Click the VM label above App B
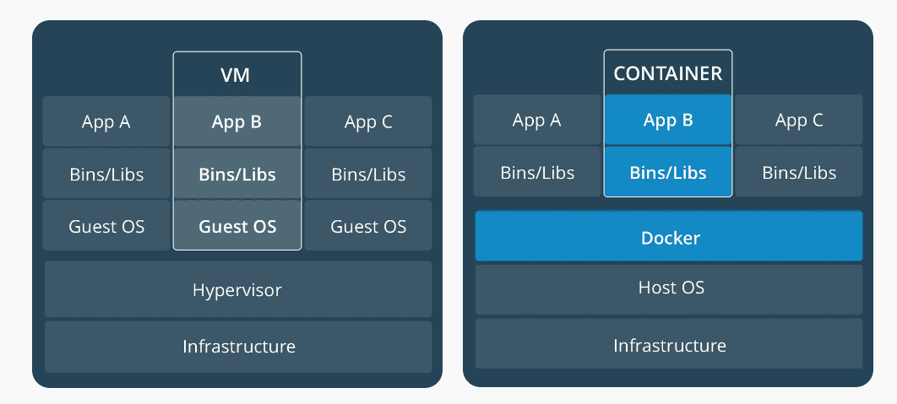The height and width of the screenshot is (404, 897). pos(236,76)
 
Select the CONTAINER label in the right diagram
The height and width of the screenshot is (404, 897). pos(667,73)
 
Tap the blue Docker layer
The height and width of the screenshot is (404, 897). pos(669,237)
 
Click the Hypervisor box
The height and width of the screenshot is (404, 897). pos(237,290)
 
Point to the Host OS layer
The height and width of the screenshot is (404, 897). pos(669,288)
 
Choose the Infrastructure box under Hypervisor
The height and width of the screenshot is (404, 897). pos(237,346)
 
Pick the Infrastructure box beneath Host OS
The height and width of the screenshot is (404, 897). pos(669,345)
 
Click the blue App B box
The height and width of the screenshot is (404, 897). pos(668,120)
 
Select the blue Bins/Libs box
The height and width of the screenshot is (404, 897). pos(668,172)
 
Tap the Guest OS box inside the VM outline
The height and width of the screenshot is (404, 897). pos(237,226)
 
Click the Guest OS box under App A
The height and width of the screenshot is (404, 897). pos(106,226)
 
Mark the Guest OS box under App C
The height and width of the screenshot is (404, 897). pos(368,226)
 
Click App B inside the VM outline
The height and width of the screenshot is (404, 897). pos(237,122)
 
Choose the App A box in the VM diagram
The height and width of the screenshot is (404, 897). pos(106,122)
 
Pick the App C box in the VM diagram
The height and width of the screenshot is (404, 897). pos(368,122)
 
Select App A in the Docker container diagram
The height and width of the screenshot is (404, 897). pos(537,120)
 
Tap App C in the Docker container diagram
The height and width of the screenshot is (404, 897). pos(799,120)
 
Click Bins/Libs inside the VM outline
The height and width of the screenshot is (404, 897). pos(237,175)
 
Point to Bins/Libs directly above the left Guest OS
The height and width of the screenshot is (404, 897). pos(106,175)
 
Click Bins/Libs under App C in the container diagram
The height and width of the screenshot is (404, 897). pos(799,172)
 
